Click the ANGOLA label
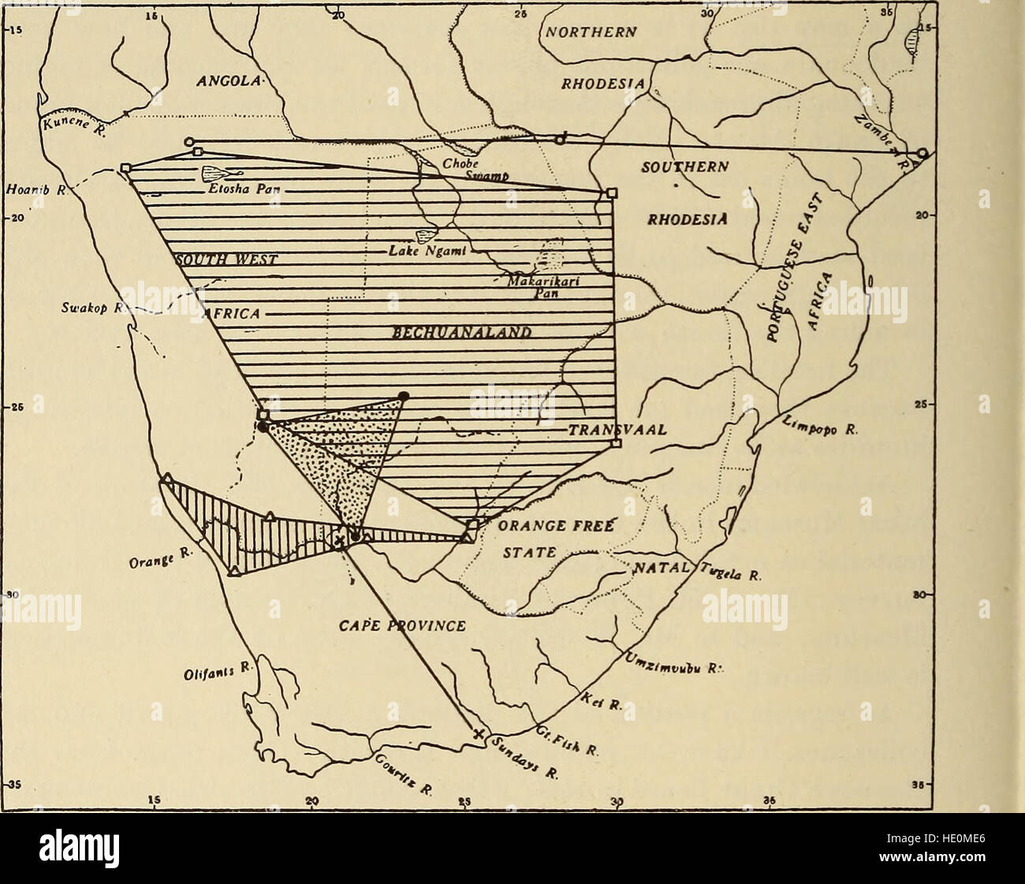point(226,81)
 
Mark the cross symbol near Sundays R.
point(477,735)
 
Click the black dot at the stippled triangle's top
point(404,395)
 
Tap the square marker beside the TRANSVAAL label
point(616,443)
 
